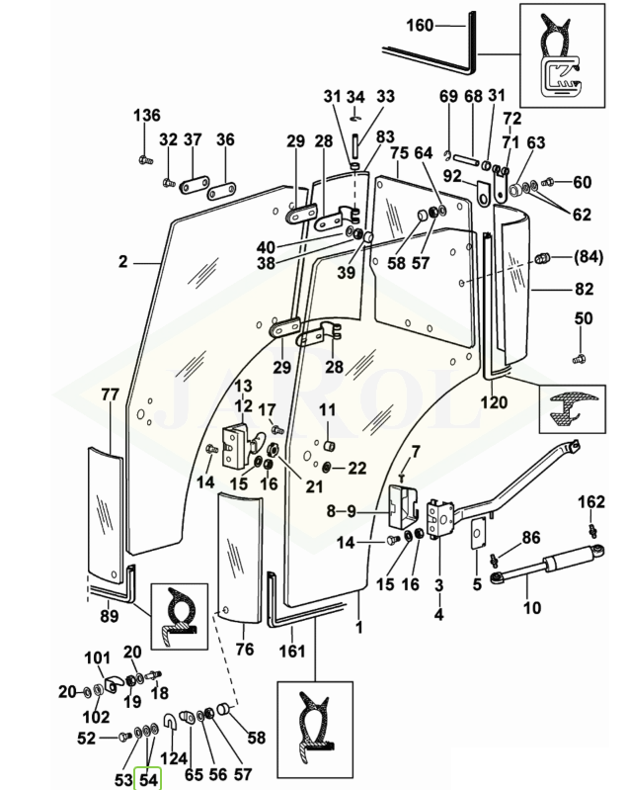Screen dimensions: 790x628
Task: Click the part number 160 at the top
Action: click(x=420, y=27)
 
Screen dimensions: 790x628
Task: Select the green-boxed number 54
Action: click(x=148, y=779)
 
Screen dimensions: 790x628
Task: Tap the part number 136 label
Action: click(x=146, y=116)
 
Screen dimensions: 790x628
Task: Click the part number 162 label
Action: click(x=590, y=501)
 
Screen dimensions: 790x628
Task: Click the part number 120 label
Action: click(x=494, y=401)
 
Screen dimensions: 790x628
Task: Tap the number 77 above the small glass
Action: click(x=110, y=395)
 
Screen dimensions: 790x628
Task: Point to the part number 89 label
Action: click(x=110, y=616)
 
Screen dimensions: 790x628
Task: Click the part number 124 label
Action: click(x=173, y=759)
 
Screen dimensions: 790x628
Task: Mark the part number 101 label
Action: click(x=97, y=658)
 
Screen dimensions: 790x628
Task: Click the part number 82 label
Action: click(x=585, y=289)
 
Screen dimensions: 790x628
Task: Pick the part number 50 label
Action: click(x=584, y=318)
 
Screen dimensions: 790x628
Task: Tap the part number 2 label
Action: click(x=123, y=262)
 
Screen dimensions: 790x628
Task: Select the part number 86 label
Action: click(x=530, y=538)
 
